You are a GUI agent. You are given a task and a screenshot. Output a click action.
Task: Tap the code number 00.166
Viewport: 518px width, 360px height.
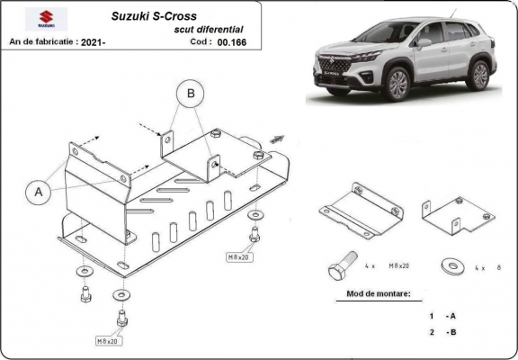(x=232, y=41)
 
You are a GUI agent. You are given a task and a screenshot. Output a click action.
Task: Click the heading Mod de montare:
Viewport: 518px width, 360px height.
(x=379, y=294)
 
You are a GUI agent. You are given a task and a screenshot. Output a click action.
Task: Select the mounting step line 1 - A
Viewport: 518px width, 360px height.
(x=442, y=316)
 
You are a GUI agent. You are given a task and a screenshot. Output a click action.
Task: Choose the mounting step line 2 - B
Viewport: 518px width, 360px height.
(x=442, y=333)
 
